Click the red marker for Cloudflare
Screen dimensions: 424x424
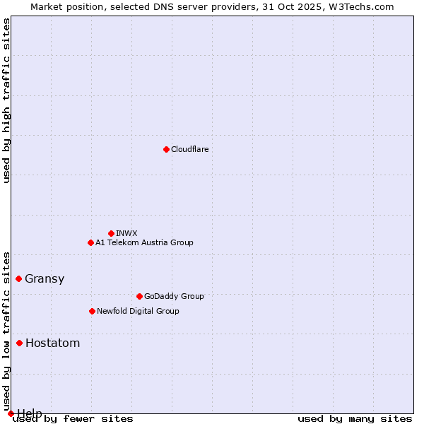(x=166, y=149)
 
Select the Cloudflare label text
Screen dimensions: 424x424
(x=189, y=149)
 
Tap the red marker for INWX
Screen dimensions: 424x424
(x=111, y=233)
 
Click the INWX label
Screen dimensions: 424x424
(x=126, y=233)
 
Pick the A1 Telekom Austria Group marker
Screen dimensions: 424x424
(x=90, y=242)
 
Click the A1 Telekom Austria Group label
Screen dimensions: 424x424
(x=144, y=242)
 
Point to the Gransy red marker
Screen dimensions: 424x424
(x=18, y=278)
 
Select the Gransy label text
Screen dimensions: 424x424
(x=45, y=278)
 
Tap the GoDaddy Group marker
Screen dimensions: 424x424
(x=139, y=296)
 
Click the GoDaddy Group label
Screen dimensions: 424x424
(x=173, y=296)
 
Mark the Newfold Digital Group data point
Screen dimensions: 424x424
(x=92, y=311)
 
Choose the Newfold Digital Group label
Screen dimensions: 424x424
(x=138, y=311)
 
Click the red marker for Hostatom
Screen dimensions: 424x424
(x=19, y=343)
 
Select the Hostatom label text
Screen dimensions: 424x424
(x=52, y=343)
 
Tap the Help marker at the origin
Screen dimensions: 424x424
(x=11, y=413)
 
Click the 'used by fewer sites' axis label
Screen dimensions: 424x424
(x=73, y=418)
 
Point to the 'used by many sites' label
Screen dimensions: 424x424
(x=355, y=418)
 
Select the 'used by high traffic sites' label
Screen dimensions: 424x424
(x=6, y=100)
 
